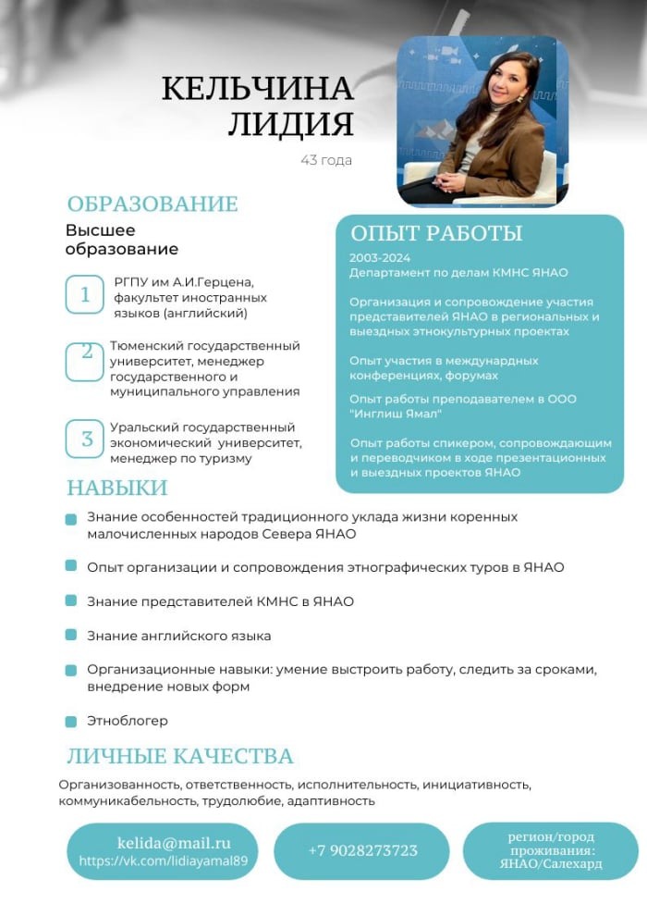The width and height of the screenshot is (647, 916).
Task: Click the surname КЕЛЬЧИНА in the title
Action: [258, 89]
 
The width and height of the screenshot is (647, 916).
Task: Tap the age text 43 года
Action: [326, 160]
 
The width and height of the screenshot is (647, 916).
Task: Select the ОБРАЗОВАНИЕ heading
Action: [153, 204]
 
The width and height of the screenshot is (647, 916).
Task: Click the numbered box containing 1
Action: [85, 294]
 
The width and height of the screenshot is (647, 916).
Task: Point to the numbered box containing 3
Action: [86, 439]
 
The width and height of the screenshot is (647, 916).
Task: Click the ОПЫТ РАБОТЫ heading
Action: [436, 233]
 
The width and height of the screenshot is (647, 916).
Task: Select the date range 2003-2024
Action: [380, 257]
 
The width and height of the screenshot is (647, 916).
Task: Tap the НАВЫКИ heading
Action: [117, 488]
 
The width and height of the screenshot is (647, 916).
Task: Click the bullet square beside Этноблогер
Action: [71, 722]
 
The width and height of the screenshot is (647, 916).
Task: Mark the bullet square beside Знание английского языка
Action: [71, 636]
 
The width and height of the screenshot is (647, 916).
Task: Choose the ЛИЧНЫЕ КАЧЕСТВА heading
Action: [180, 756]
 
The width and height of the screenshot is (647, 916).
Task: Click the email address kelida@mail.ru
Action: [174, 843]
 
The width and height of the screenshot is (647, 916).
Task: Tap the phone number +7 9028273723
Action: [362, 850]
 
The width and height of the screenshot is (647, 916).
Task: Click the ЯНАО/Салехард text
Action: [551, 864]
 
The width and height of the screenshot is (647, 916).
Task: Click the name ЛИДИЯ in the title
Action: [291, 124]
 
